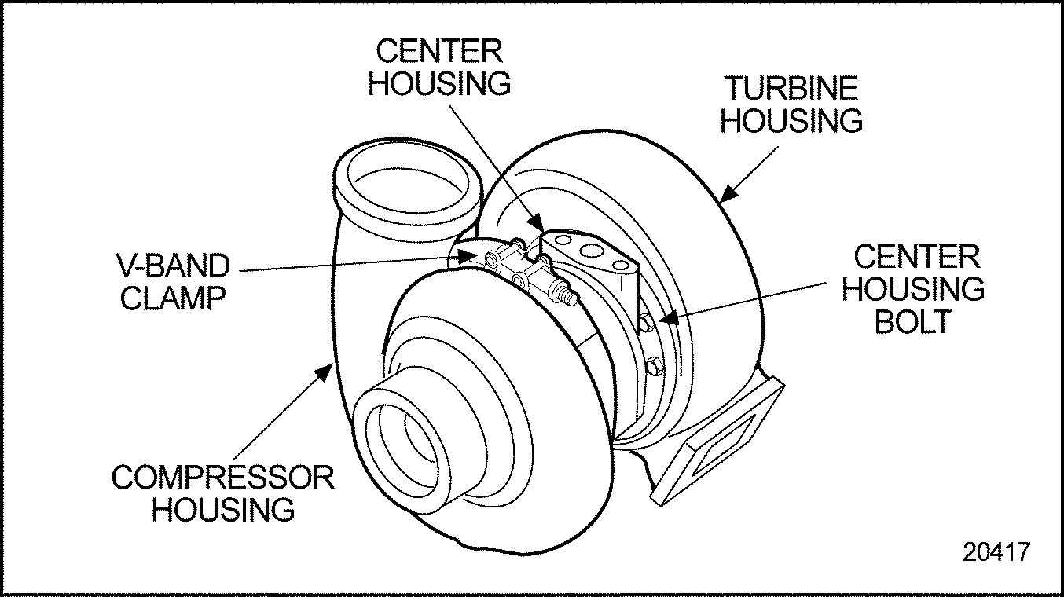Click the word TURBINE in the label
click(790, 88)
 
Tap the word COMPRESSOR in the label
click(222, 478)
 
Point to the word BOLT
click(913, 322)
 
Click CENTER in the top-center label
click(438, 51)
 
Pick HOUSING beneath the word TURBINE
click(791, 122)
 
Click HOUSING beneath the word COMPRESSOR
click(223, 510)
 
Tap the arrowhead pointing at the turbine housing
click(728, 193)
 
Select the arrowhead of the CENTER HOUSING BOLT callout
click(664, 318)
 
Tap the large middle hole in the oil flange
click(594, 253)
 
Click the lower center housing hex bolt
click(655, 366)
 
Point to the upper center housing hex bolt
click(644, 321)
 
